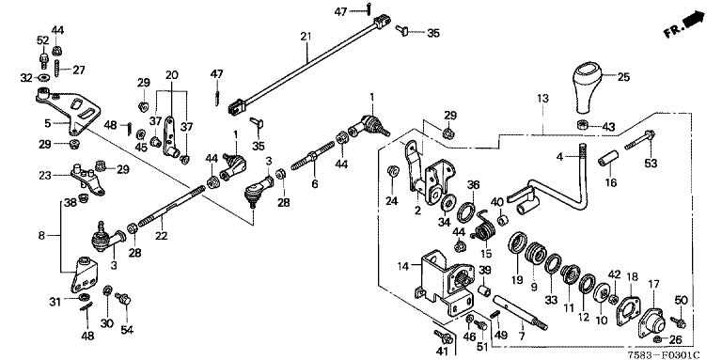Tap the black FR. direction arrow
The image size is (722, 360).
click(694, 21)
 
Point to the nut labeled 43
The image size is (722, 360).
click(582, 125)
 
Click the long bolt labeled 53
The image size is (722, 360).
click(640, 140)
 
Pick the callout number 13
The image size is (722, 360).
click(542, 98)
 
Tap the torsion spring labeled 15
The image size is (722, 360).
click(485, 227)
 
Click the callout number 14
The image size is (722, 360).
click(403, 266)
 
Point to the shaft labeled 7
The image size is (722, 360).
click(520, 312)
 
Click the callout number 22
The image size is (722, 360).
click(161, 236)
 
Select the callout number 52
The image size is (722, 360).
click(42, 40)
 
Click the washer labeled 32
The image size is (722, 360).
click(45, 76)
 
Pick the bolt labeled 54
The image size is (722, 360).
click(123, 299)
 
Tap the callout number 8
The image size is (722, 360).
click(41, 236)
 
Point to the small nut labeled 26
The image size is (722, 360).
click(658, 339)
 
